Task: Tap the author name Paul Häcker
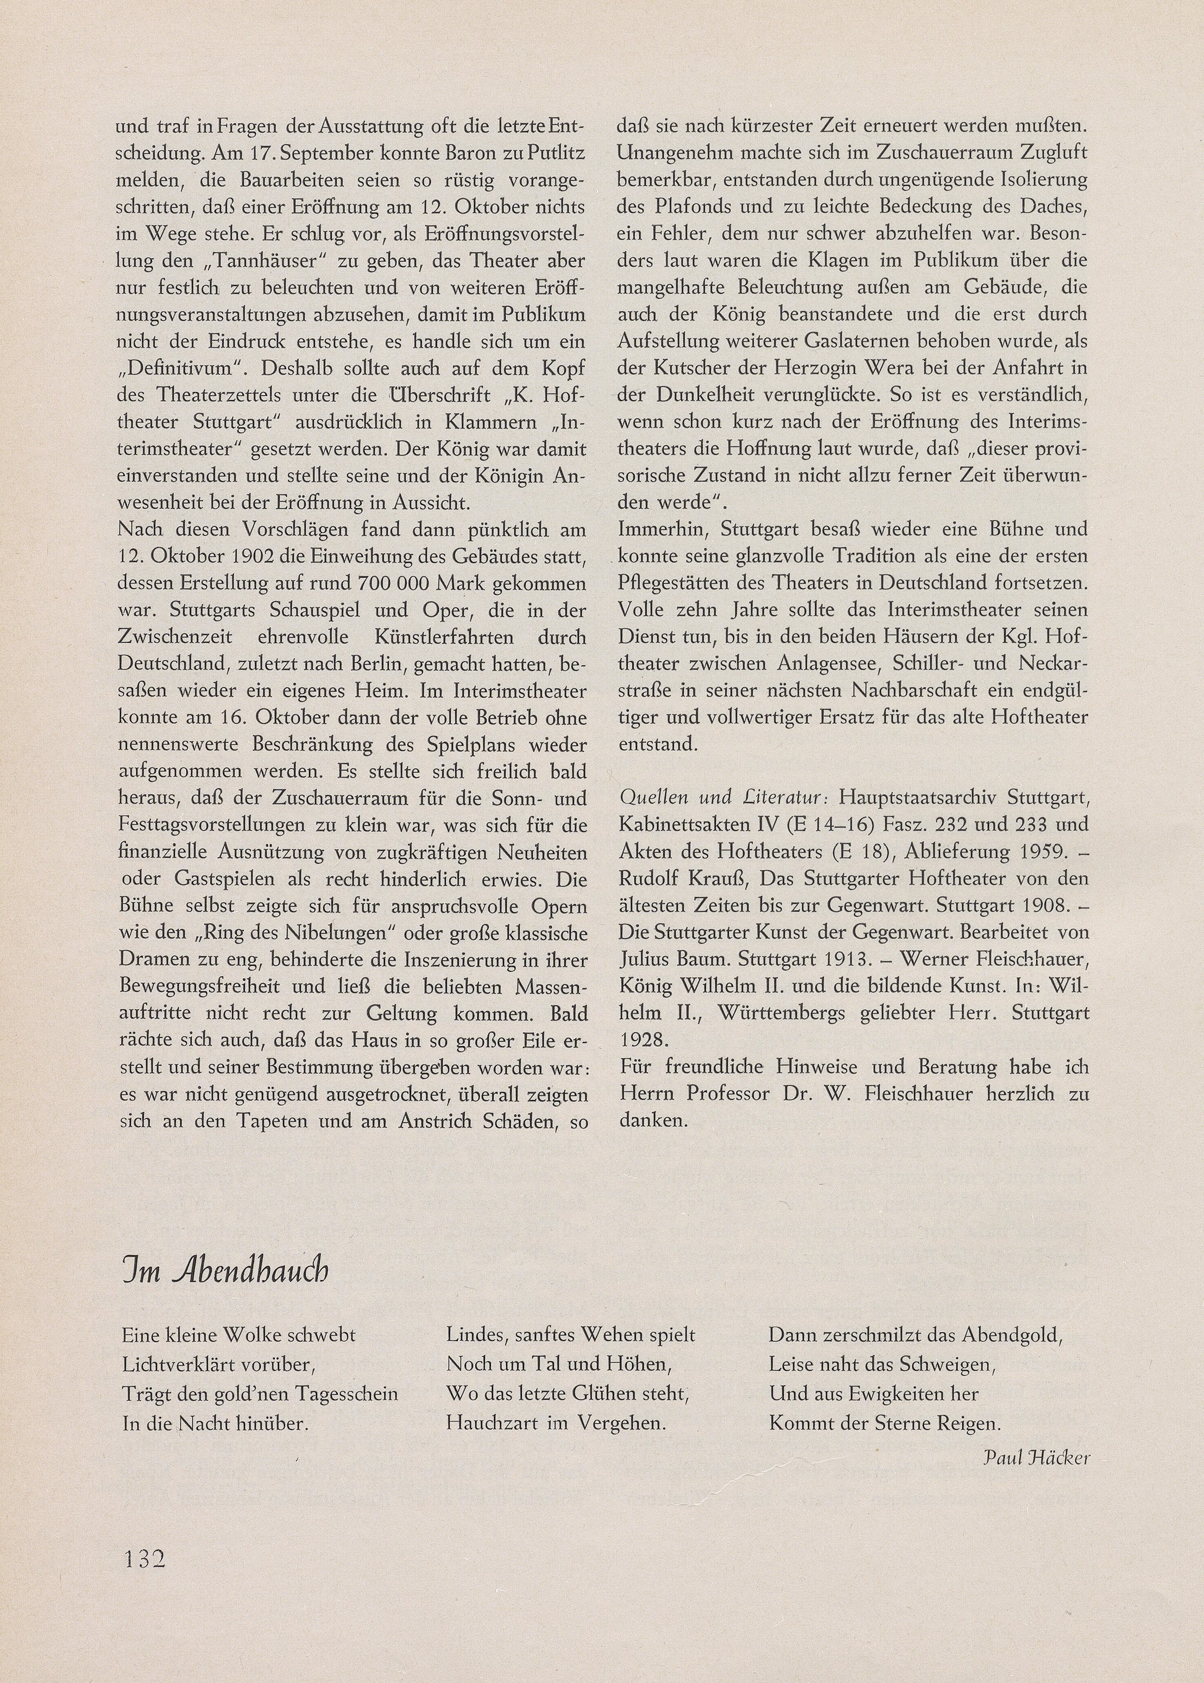click(1036, 1458)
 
